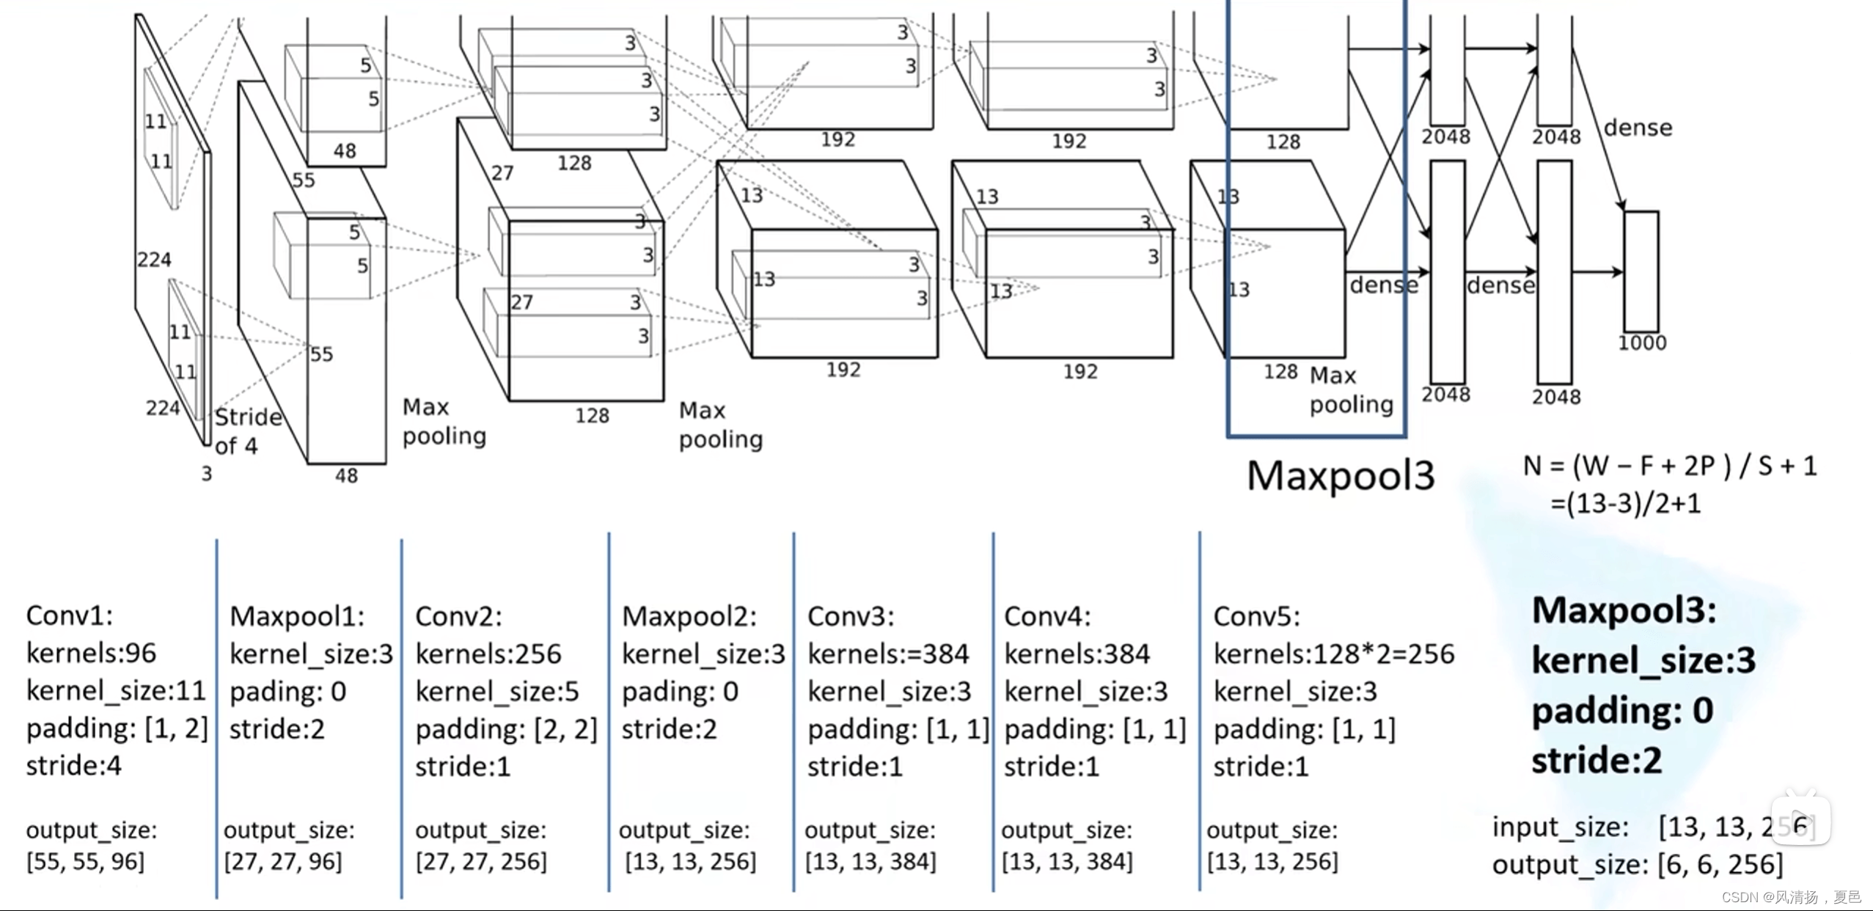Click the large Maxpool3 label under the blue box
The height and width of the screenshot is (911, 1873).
point(1341,475)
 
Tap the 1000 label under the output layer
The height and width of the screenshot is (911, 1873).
point(1642,343)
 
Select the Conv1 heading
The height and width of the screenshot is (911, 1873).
point(70,615)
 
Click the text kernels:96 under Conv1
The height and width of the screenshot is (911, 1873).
point(91,653)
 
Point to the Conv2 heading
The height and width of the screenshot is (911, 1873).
point(458,616)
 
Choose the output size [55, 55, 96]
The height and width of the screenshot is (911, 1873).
point(85,861)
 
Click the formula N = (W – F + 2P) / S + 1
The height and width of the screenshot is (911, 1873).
point(1670,466)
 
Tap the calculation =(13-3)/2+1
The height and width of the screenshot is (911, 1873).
point(1625,504)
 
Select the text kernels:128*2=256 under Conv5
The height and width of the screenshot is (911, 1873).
point(1333,654)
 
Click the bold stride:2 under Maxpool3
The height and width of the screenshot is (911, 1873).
point(1597,761)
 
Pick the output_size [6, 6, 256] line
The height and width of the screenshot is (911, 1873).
point(1637,865)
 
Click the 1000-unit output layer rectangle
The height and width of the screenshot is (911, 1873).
point(1641,271)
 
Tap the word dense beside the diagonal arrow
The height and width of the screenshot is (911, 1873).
point(1638,128)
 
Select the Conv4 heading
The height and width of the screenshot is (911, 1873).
point(1047,616)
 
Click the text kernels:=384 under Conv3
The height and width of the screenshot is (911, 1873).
point(888,654)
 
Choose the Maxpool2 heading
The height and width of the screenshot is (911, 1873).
point(689,616)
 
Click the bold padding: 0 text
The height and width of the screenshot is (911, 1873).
point(1622,711)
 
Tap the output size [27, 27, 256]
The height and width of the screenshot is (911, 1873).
point(481,861)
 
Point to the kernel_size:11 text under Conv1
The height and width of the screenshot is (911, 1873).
point(116,690)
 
